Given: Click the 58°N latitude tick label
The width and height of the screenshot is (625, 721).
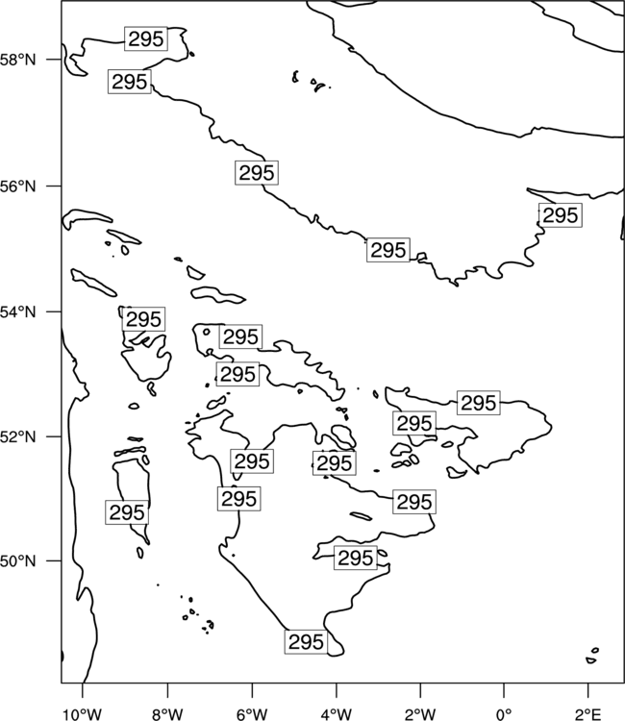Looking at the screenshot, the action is (18, 60).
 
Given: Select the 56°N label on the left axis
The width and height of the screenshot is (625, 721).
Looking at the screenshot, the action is (18, 186).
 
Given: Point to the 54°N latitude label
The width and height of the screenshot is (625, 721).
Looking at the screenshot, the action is (18, 311).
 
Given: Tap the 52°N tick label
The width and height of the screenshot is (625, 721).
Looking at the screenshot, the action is (18, 436).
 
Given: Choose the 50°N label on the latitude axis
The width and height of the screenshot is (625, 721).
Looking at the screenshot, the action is (18, 561).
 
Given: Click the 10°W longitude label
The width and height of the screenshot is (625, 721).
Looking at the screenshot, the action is (83, 714).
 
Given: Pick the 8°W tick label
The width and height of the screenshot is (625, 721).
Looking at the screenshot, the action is (167, 714).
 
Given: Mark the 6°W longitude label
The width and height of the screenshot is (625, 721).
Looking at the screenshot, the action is (252, 714).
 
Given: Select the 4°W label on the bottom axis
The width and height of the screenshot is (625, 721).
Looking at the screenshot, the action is (337, 714).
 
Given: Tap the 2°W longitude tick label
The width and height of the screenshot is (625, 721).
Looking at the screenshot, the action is (420, 714).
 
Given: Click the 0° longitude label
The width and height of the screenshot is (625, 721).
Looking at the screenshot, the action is (504, 714).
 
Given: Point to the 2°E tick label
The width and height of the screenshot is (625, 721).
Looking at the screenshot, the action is (587, 714).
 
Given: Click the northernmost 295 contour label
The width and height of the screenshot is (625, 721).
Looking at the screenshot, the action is (146, 39).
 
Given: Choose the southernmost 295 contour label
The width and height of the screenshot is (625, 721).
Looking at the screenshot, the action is (306, 642).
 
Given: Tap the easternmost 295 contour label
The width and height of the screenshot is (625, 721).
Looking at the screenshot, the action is (561, 215).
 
